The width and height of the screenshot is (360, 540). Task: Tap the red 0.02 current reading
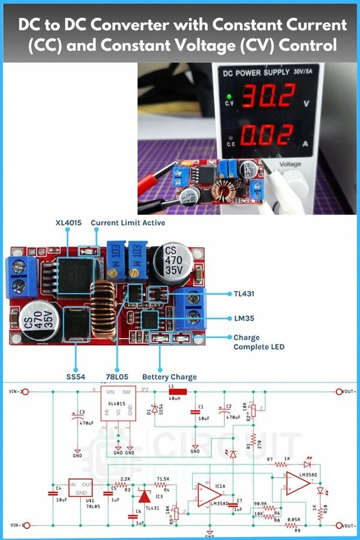(x=268, y=136)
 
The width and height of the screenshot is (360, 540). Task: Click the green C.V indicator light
(x=229, y=96)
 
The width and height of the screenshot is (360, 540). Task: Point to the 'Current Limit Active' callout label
(x=128, y=223)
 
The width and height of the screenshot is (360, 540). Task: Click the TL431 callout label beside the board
(x=246, y=293)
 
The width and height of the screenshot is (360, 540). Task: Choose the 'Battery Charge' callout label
(x=169, y=377)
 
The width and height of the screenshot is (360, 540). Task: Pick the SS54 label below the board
(x=76, y=377)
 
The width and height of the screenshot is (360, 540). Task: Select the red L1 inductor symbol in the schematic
(x=178, y=392)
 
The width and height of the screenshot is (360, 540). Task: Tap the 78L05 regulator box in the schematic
(x=80, y=487)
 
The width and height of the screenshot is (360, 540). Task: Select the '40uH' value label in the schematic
(x=175, y=399)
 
